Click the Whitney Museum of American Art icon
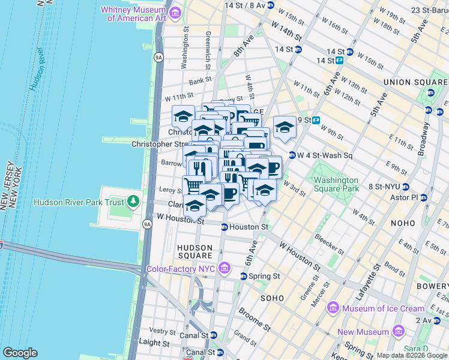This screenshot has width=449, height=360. tap(175, 13)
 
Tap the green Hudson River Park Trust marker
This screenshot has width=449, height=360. tap(133, 202)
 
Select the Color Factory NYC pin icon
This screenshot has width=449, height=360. tap(224, 267)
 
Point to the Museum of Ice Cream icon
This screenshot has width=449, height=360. tap(333, 308)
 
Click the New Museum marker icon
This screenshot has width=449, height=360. tap(397, 332)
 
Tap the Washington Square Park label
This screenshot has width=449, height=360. tap(335, 184)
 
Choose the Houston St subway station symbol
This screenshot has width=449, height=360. tap(224, 227)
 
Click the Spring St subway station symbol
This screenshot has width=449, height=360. tap(243, 276)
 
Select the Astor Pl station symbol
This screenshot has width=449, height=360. tap(424, 197)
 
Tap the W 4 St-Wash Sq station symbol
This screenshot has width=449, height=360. tap(292, 155)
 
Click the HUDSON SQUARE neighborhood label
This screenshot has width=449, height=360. tap(194, 252)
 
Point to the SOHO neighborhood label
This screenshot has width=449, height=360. tap(271, 298)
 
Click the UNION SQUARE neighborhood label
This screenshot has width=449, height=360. tap(413, 82)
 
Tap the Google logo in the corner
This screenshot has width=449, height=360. tap(20, 352)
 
